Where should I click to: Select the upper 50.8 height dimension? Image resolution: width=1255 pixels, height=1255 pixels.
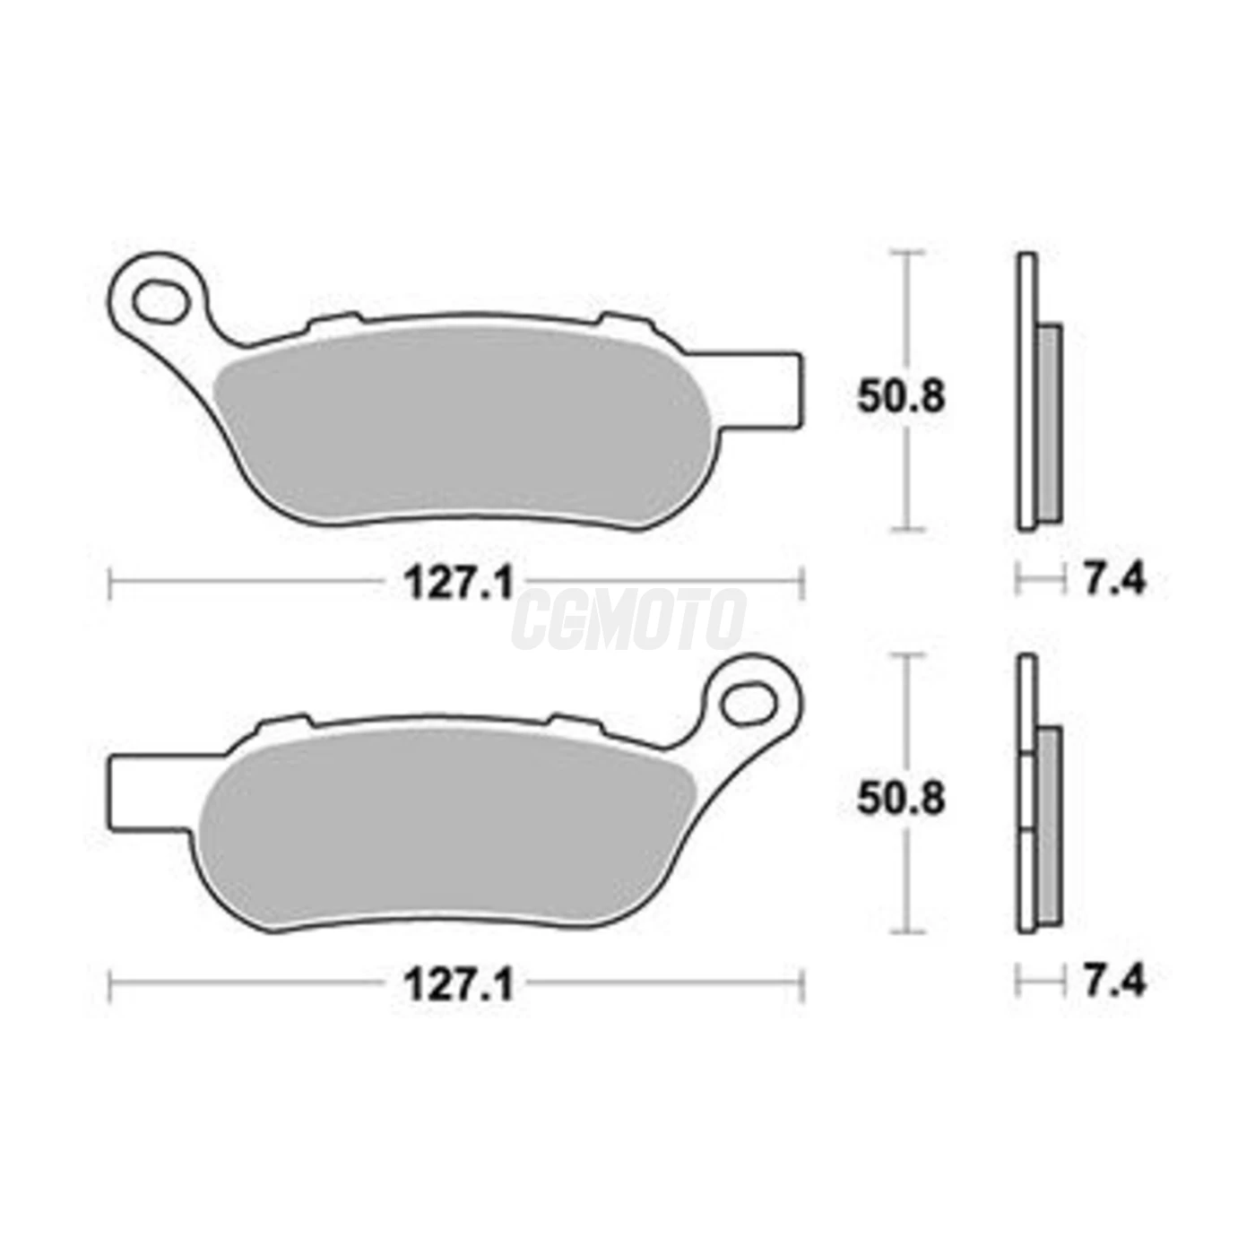pyautogui.click(x=900, y=397)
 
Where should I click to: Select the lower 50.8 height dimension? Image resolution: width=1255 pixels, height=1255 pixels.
pyautogui.click(x=900, y=799)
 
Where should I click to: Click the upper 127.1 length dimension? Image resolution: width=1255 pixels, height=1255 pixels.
pyautogui.click(x=458, y=584)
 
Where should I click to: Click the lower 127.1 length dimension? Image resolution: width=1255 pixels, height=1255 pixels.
pyautogui.click(x=458, y=985)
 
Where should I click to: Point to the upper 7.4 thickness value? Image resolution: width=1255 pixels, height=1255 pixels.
pyautogui.click(x=1113, y=579)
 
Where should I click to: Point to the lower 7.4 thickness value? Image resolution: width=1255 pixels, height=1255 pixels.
pyautogui.click(x=1113, y=981)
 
